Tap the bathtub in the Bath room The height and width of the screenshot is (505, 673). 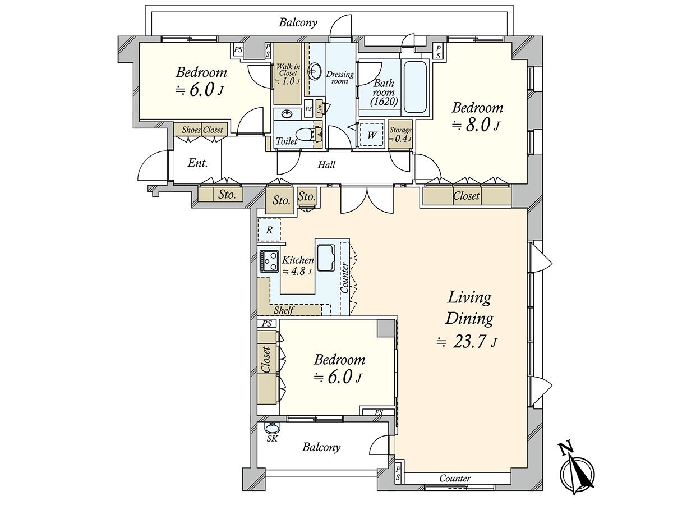(x=415, y=87)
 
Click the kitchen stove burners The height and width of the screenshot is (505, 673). (x=269, y=261)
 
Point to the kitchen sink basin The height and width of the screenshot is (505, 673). (x=326, y=258)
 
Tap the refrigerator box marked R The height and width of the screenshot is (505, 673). (x=269, y=230)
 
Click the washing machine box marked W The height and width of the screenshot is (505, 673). (x=372, y=135)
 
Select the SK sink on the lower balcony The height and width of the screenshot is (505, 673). (x=271, y=427)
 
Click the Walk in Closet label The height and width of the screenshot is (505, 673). (x=288, y=74)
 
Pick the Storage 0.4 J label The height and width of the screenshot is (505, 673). (x=400, y=135)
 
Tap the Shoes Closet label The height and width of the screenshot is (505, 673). (x=202, y=130)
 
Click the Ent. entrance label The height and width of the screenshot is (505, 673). (x=197, y=163)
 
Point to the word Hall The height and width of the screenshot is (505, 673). (x=326, y=165)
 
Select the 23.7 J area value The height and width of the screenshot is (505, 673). (x=467, y=342)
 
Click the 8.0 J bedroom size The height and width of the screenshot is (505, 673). (x=476, y=126)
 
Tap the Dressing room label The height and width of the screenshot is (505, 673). (x=339, y=77)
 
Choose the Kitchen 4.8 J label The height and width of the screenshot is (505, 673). (x=297, y=265)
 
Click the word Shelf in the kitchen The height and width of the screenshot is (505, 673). (x=284, y=310)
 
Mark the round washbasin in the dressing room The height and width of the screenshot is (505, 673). (x=314, y=71)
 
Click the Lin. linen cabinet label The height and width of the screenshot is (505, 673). (x=319, y=108)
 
